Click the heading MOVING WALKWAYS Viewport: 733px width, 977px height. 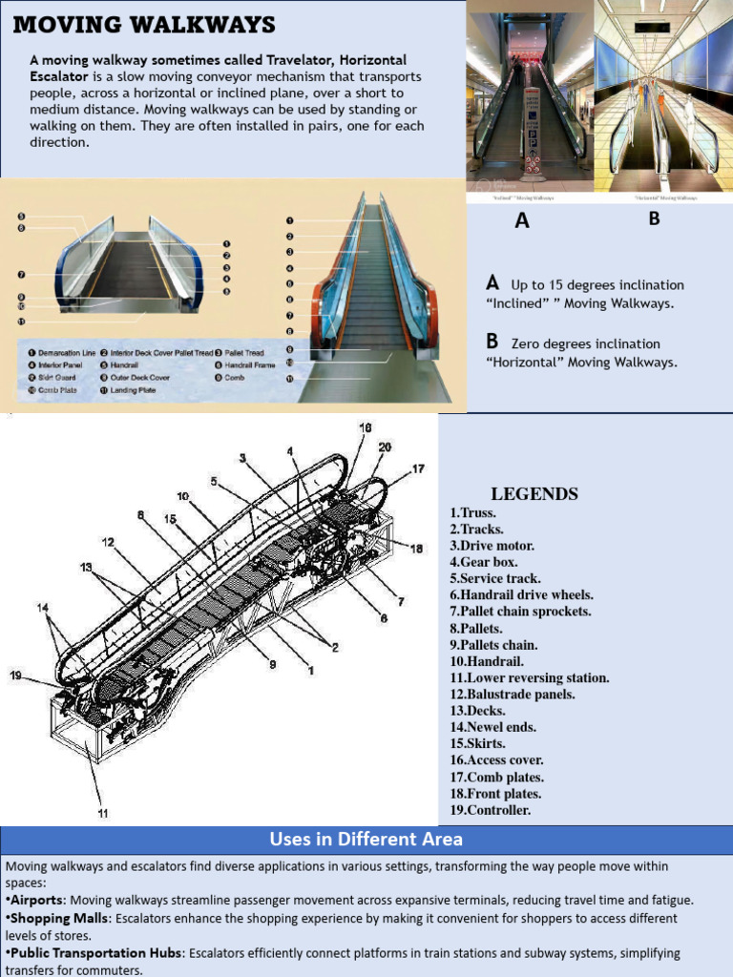coord(144,25)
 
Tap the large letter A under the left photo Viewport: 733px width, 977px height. coord(521,221)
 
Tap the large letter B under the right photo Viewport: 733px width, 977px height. coord(654,218)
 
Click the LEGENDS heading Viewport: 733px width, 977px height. coord(534,494)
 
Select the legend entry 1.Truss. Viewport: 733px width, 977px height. coord(472,512)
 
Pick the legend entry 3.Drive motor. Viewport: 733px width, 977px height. coord(492,546)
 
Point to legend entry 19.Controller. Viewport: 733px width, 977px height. coord(490,810)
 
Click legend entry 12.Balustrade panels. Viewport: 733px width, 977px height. coord(512,695)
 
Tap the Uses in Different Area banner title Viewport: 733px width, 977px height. coord(366,840)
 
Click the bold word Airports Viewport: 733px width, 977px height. coord(36,900)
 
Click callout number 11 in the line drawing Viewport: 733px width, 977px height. coord(102,813)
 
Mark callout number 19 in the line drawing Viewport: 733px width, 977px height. coord(16,676)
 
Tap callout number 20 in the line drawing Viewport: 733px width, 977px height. coord(384,447)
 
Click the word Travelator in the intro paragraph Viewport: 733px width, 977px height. coord(288,59)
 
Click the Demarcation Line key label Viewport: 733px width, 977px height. coord(63,353)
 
